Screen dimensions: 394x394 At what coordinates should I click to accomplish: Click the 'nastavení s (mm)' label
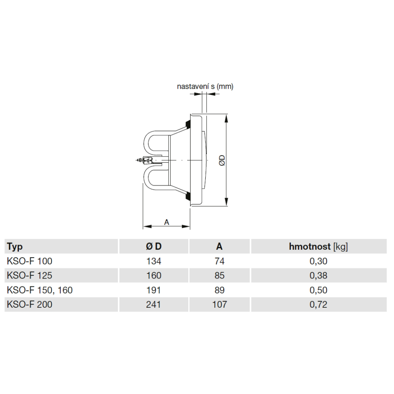tap(205, 87)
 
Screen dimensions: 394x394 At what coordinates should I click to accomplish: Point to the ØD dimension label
tap(222, 160)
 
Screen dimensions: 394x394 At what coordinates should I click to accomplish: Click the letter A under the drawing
tap(167, 222)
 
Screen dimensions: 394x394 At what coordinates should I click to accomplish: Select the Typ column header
tap(15, 247)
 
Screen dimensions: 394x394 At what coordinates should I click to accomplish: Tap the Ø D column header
tap(154, 246)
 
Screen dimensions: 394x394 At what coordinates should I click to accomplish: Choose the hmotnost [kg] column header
tap(318, 247)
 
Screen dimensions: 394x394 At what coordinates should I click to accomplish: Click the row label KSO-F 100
tap(30, 261)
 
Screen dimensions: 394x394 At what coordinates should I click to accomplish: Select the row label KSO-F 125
tap(30, 275)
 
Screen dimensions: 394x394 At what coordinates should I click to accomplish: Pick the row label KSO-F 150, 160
tap(40, 290)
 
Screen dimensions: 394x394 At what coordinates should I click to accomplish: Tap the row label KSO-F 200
tap(30, 304)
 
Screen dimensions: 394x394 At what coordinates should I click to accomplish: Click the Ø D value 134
tap(154, 261)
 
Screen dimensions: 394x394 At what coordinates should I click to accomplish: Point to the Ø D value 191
tap(154, 290)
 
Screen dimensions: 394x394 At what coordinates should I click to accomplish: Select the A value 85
tap(219, 275)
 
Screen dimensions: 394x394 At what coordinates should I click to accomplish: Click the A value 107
tap(219, 304)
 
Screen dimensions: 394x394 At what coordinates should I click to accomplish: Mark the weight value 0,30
tap(318, 261)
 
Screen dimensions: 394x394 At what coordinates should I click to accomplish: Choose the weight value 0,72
tap(318, 305)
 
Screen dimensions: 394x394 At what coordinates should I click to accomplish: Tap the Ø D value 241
tap(154, 304)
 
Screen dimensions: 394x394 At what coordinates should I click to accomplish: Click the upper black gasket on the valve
tap(188, 124)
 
